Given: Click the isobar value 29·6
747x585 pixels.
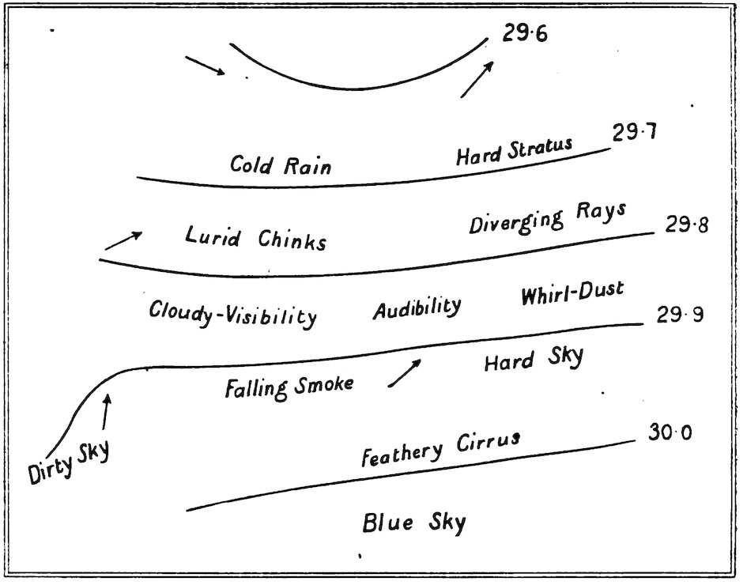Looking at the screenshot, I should coord(524,36).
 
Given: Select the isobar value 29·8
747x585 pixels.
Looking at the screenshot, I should coord(686,225).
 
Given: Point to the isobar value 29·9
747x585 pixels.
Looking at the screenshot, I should coord(680,315).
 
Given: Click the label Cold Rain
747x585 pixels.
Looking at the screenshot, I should coord(281,165).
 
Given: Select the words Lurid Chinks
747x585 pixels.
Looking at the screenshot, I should coord(255,238).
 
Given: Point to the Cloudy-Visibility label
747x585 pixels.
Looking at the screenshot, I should coord(233,313).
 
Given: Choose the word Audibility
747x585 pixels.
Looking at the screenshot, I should coord(417,308).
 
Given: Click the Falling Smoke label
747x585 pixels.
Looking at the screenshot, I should coord(289,387).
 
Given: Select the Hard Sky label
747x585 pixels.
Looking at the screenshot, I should coord(534,360).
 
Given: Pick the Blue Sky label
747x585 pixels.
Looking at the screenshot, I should coord(414,523).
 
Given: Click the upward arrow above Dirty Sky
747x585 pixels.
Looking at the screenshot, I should coord(106,412).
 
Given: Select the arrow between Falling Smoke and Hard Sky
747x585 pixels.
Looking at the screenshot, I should coord(404,372).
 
